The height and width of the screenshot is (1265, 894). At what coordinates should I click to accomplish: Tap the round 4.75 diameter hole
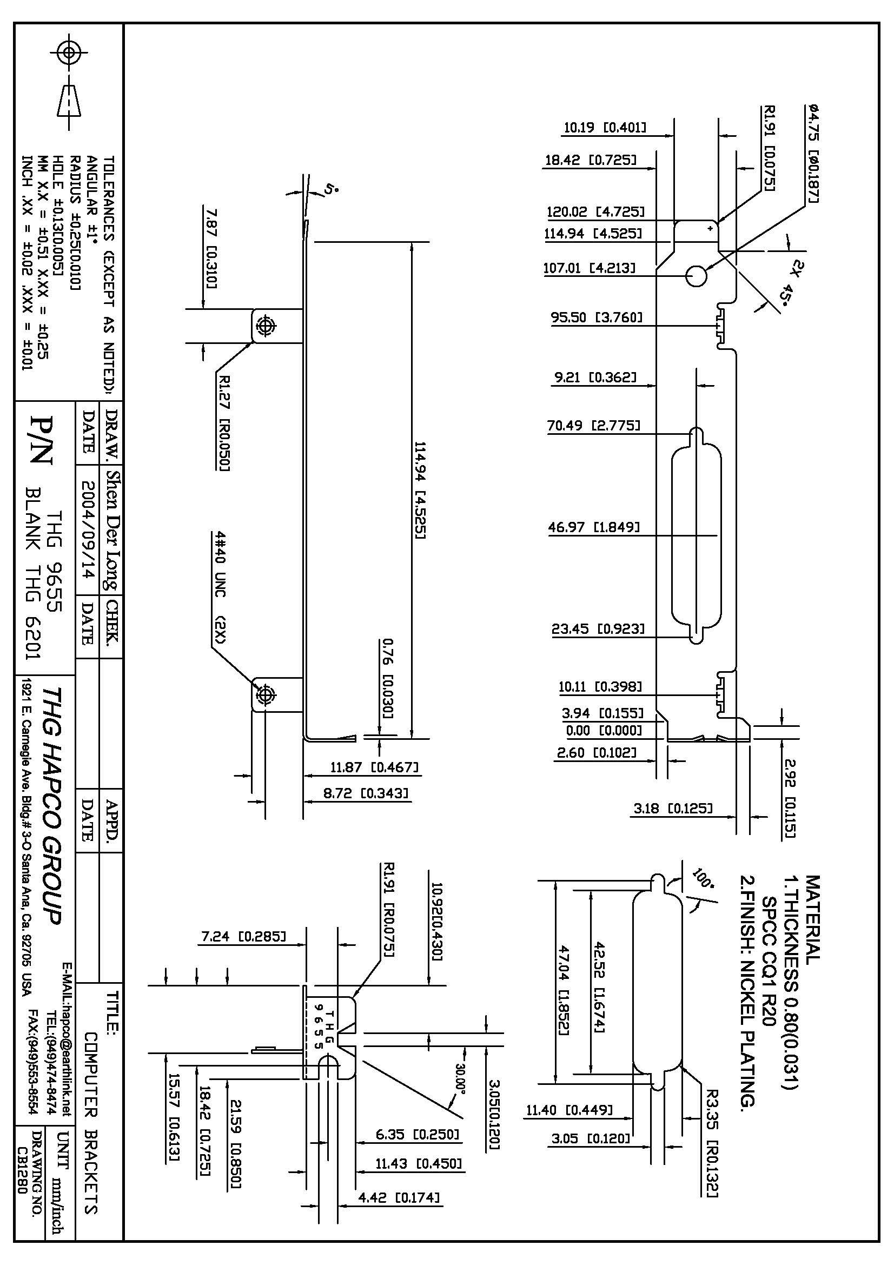[696, 276]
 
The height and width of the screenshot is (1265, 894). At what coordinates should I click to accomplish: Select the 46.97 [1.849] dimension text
[593, 527]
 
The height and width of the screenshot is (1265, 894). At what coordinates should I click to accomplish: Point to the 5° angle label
[330, 190]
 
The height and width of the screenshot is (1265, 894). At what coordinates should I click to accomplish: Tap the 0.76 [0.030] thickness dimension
[387, 678]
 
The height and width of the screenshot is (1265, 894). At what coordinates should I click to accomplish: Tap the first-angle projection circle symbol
[68, 53]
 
